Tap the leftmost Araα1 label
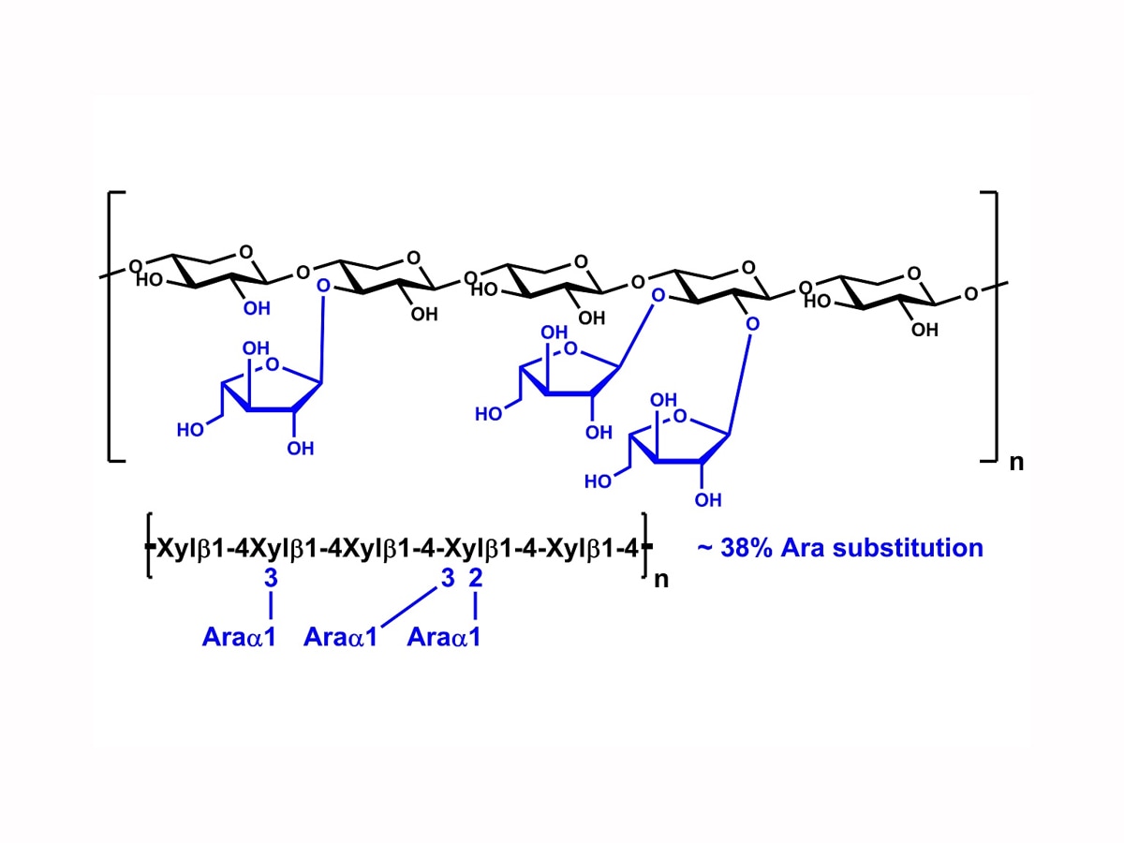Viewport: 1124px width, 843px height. click(x=239, y=637)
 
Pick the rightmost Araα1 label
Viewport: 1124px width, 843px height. click(x=444, y=637)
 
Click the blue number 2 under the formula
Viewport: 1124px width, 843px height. click(x=476, y=578)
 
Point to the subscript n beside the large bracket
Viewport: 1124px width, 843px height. click(x=1016, y=463)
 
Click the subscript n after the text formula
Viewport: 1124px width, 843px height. click(x=661, y=580)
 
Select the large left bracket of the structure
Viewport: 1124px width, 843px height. click(x=117, y=327)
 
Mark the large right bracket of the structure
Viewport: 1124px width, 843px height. click(x=989, y=327)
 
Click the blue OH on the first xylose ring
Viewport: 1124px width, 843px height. click(x=257, y=309)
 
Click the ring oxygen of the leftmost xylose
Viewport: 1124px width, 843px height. click(x=246, y=252)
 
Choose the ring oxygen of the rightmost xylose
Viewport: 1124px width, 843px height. click(x=914, y=274)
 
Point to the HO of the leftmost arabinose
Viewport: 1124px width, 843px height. click(x=190, y=430)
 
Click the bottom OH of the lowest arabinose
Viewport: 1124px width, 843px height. click(x=708, y=500)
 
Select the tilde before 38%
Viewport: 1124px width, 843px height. click(x=704, y=548)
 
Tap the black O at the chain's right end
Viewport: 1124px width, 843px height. click(x=971, y=294)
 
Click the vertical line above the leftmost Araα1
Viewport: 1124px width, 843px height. click(x=271, y=605)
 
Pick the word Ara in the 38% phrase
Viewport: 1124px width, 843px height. click(x=802, y=548)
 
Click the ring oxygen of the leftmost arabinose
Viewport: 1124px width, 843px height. click(x=273, y=365)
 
